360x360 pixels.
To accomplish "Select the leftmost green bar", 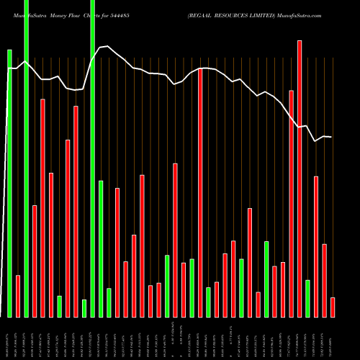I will click(x=9, y=183).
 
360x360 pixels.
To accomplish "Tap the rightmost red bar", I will click(x=333, y=307).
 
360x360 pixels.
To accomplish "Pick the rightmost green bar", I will click(x=307, y=298).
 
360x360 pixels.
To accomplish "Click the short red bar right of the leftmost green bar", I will click(x=18, y=296).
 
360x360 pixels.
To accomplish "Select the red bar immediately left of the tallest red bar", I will click(x=292, y=203).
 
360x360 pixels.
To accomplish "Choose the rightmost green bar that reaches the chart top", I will click(x=92, y=158).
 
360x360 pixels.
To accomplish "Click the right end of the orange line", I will click(x=332, y=137).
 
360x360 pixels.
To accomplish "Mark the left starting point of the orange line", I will click(x=9, y=68).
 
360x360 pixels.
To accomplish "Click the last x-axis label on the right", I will click(x=333, y=338).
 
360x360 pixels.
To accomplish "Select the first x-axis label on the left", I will click(x=9, y=338).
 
